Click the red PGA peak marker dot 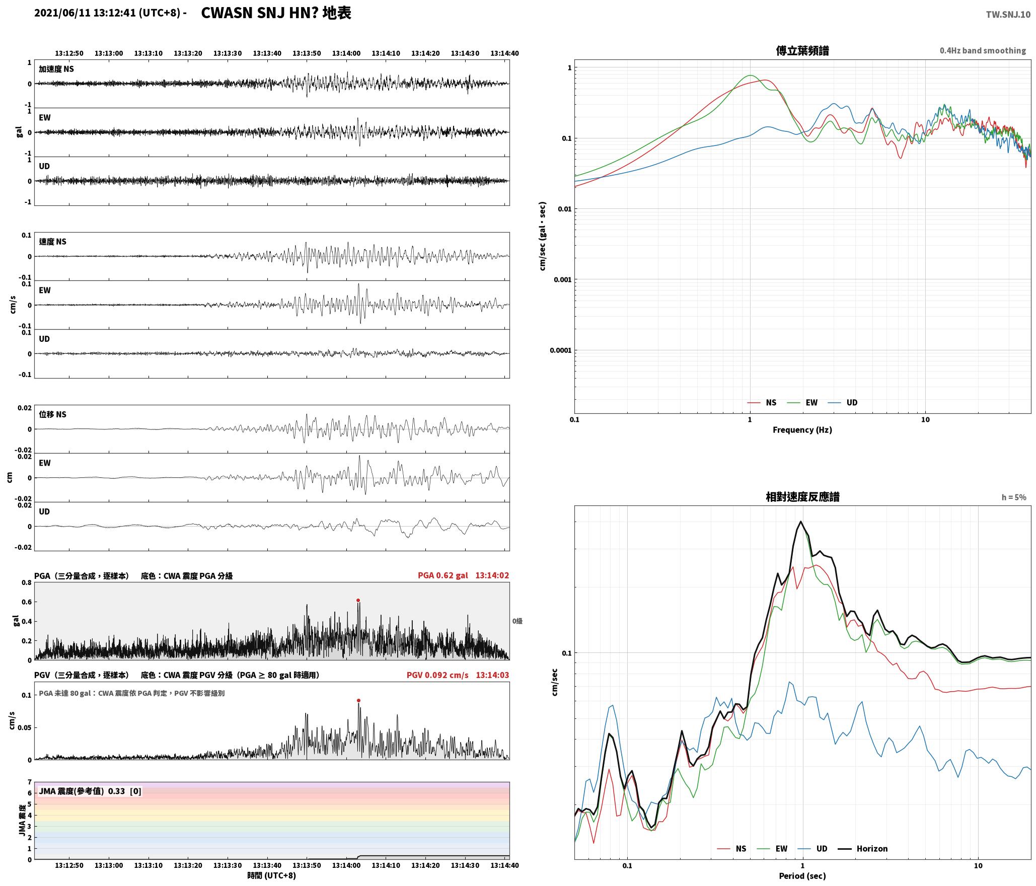(358, 600)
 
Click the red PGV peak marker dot (358, 700)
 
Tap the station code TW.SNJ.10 (1008, 15)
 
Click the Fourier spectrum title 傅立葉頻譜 (802, 51)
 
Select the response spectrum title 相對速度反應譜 (802, 497)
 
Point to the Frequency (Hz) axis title (802, 430)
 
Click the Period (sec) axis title (802, 876)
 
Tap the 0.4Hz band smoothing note (983, 51)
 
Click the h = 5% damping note (1014, 497)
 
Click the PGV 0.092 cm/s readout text (437, 675)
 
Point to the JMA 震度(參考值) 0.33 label (82, 791)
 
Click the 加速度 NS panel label (56, 69)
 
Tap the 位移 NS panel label (53, 414)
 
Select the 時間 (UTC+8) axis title (272, 876)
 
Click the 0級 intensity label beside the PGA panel (517, 621)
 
